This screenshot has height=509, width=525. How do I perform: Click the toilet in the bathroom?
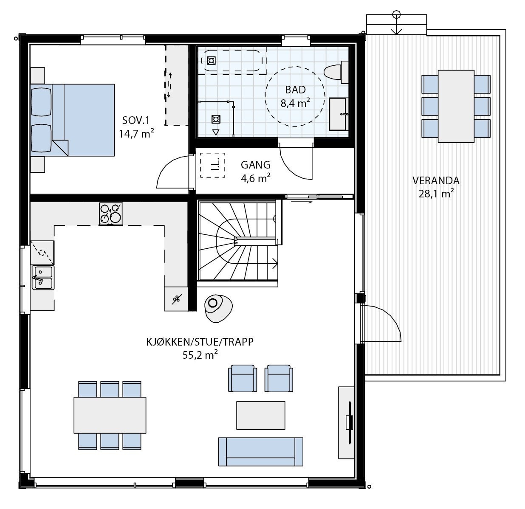(335, 72)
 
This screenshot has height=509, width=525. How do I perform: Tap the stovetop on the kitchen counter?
(110, 214)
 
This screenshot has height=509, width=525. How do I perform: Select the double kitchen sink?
(43, 277)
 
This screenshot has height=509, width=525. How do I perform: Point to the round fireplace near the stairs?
(218, 308)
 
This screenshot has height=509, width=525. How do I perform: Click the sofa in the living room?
(261, 452)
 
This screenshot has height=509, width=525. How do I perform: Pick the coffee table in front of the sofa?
(261, 415)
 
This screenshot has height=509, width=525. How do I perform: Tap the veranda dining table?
(456, 106)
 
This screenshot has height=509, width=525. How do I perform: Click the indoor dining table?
(110, 415)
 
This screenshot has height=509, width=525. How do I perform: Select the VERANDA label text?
(436, 180)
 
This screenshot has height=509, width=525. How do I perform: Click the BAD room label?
(295, 90)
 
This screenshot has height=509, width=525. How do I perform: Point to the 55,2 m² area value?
(200, 355)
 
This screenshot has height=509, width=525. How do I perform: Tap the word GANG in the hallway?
(255, 165)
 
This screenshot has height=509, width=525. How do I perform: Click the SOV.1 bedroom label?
(135, 120)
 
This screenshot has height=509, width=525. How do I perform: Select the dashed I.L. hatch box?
(212, 165)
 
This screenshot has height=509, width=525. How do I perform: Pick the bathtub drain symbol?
(211, 61)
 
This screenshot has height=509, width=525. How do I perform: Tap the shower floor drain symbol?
(216, 119)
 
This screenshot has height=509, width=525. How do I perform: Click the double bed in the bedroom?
(72, 120)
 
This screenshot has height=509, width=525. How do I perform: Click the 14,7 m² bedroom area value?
(136, 133)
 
